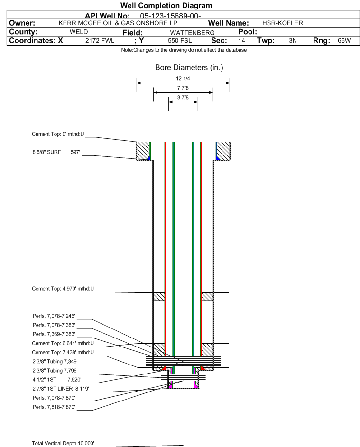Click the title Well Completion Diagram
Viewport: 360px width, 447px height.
pyautogui.click(x=166, y=6)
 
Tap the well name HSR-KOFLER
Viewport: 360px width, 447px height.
pyautogui.click(x=282, y=23)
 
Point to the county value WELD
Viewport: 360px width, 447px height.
pyautogui.click(x=78, y=32)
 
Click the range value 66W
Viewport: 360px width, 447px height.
pyautogui.click(x=344, y=41)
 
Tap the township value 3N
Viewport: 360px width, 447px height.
pyautogui.click(x=293, y=41)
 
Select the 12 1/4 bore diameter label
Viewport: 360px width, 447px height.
pyautogui.click(x=183, y=79)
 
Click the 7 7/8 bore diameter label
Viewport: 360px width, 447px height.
pyautogui.click(x=183, y=88)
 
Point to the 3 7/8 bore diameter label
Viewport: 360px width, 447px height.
pyautogui.click(x=183, y=98)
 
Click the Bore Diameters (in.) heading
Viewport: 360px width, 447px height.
pyautogui.click(x=189, y=68)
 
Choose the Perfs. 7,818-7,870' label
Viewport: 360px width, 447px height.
pyautogui.click(x=54, y=407)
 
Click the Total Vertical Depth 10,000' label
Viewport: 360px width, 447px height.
pyautogui.click(x=63, y=443)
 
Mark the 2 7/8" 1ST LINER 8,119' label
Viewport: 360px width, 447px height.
pyautogui.click(x=60, y=389)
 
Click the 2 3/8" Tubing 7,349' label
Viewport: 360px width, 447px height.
pyautogui.click(x=54, y=361)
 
